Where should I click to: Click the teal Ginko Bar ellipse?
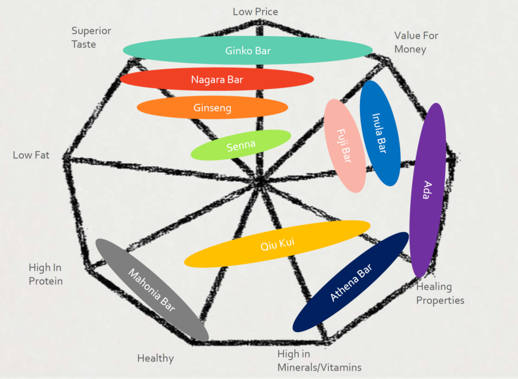[248, 50]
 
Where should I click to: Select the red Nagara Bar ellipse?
[217, 79]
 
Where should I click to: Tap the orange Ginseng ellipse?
[212, 108]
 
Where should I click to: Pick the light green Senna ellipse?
[241, 145]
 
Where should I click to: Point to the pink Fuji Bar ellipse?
[345, 146]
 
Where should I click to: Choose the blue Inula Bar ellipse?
[380, 133]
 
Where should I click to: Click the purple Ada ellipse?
[427, 190]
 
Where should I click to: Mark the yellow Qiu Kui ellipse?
[277, 244]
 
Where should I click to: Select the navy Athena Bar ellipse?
[351, 282]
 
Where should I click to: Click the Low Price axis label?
[255, 11]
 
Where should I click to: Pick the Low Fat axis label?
[31, 155]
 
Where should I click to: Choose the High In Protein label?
[46, 274]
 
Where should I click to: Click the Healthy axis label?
[155, 358]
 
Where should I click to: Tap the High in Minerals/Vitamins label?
[319, 360]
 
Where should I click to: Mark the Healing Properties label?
[440, 293]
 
